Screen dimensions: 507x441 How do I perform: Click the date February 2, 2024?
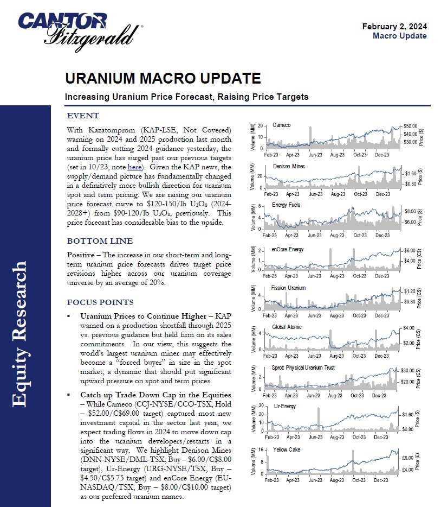click(x=394, y=26)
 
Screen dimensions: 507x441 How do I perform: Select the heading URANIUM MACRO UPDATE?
click(x=163, y=79)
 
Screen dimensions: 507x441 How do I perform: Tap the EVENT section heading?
click(x=82, y=116)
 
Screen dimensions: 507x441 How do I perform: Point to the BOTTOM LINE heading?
click(x=99, y=241)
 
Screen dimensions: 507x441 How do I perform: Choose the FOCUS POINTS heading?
click(x=100, y=302)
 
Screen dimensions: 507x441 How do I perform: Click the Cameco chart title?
click(x=281, y=125)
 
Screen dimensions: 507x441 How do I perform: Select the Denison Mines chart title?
click(x=289, y=166)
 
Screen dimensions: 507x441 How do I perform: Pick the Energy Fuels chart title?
click(x=287, y=205)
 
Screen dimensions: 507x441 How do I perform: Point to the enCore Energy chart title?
click(x=287, y=249)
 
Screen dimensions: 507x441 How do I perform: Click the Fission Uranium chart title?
click(x=288, y=288)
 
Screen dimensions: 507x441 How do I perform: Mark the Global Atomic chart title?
click(x=287, y=327)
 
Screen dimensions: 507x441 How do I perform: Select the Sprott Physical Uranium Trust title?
click(x=303, y=367)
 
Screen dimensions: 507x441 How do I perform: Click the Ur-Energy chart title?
click(x=284, y=406)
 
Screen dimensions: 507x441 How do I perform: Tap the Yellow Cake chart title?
click(x=287, y=450)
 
